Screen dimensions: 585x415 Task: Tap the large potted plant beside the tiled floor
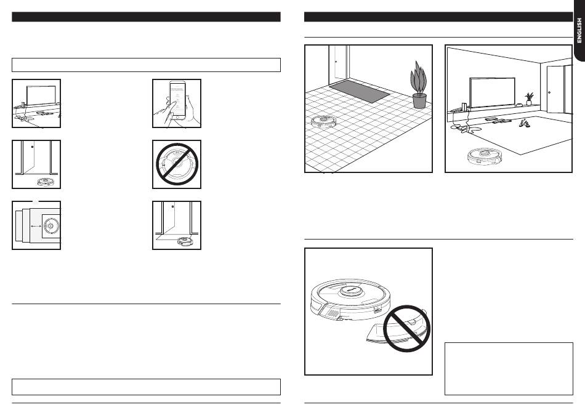pyautogui.click(x=419, y=86)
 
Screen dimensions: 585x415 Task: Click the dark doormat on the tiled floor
pyautogui.click(x=360, y=93)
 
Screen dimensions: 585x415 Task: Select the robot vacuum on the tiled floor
pyautogui.click(x=322, y=122)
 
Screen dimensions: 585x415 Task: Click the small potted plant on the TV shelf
pyautogui.click(x=528, y=99)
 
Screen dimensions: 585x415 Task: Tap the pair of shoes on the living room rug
pyautogui.click(x=523, y=123)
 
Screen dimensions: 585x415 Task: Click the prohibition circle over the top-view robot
pyautogui.click(x=177, y=164)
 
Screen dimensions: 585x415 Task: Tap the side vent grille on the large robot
pyautogui.click(x=330, y=312)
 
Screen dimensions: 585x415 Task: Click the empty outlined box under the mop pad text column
pyautogui.click(x=509, y=368)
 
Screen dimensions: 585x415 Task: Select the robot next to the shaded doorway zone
pyautogui.click(x=184, y=241)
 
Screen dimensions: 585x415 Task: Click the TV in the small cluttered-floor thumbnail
pyautogui.click(x=36, y=95)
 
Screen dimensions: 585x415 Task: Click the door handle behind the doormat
pyautogui.click(x=335, y=62)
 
